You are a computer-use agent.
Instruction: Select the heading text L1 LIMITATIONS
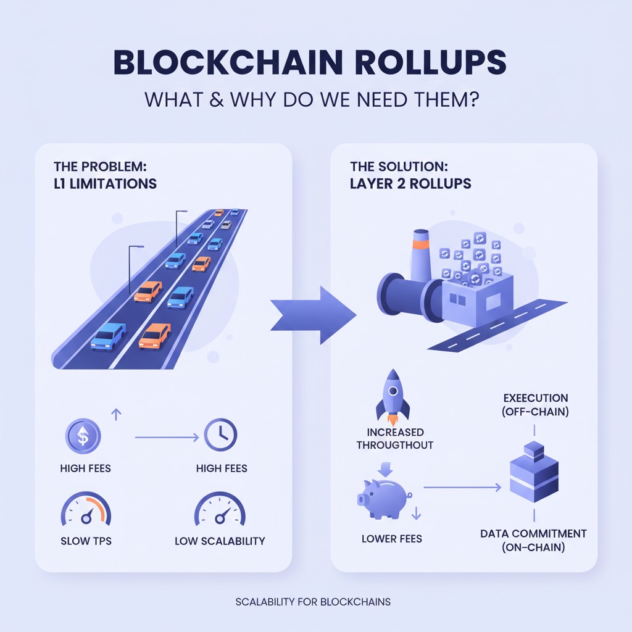[105, 184]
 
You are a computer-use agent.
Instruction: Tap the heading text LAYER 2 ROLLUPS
[410, 184]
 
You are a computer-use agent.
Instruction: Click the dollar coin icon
[83, 436]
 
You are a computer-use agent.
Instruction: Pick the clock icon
[220, 435]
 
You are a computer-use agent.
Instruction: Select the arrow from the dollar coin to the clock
[167, 438]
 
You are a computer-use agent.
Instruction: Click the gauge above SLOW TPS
[86, 509]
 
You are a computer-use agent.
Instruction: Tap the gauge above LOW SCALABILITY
[220, 509]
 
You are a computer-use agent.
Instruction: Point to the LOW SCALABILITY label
[220, 541]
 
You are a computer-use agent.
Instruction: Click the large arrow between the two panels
[313, 315]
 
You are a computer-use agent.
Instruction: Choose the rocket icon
[393, 396]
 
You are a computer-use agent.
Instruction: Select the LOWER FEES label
[392, 539]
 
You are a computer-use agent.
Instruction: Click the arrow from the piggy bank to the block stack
[462, 488]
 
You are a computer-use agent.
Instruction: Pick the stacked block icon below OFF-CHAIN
[534, 472]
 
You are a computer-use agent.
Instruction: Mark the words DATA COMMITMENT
[533, 534]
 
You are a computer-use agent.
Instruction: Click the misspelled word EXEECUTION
[536, 398]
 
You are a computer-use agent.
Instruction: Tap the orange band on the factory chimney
[420, 245]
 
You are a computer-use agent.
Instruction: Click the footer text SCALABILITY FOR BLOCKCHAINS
[313, 602]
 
